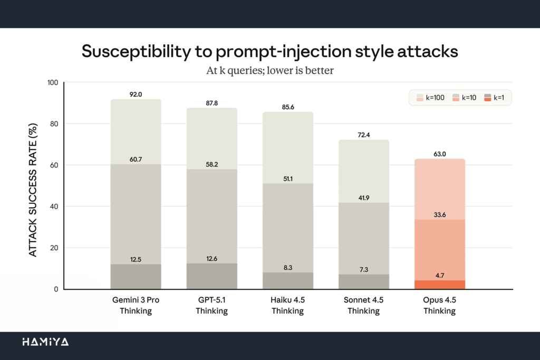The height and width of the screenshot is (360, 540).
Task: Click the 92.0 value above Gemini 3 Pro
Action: tap(136, 94)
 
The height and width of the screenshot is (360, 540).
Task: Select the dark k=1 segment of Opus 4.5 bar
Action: tap(439, 285)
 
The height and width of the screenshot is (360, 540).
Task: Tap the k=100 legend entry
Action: tap(432, 98)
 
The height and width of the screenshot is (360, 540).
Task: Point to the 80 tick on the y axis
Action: tap(53, 124)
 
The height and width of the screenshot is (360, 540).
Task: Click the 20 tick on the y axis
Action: tap(53, 248)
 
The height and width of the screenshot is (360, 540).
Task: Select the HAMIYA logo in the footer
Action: tap(45, 342)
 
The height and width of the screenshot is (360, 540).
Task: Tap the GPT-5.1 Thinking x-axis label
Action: tap(211, 306)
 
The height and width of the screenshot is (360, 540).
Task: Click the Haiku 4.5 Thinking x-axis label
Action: tap(287, 306)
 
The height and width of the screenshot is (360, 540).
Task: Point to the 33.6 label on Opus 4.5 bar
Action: tap(439, 215)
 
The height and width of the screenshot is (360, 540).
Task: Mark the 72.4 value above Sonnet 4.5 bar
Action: tap(363, 135)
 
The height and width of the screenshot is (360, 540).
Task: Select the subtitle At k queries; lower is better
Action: tap(269, 70)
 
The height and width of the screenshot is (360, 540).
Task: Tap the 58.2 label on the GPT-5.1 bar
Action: tap(211, 164)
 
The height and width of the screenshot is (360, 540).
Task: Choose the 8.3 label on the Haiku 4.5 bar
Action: tap(287, 268)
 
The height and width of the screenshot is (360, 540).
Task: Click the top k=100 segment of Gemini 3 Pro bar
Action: tap(136, 132)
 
